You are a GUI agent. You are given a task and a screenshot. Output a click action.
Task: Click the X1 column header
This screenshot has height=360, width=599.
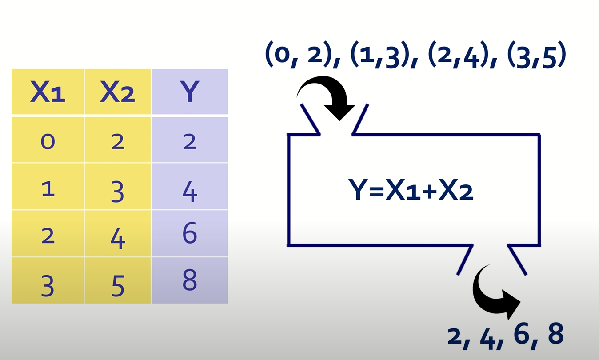pyautogui.click(x=48, y=92)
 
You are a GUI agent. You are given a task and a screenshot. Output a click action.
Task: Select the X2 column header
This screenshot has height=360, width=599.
pyautogui.click(x=118, y=92)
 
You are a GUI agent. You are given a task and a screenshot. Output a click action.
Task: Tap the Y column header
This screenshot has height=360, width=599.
pyautogui.click(x=190, y=92)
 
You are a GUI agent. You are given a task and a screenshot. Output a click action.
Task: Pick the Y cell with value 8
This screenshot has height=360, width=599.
pyautogui.click(x=190, y=280)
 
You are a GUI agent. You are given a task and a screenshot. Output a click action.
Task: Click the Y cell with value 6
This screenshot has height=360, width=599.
pyautogui.click(x=190, y=233)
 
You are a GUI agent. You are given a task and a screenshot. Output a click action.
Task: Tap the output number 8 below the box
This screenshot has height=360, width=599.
pyautogui.click(x=554, y=334)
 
